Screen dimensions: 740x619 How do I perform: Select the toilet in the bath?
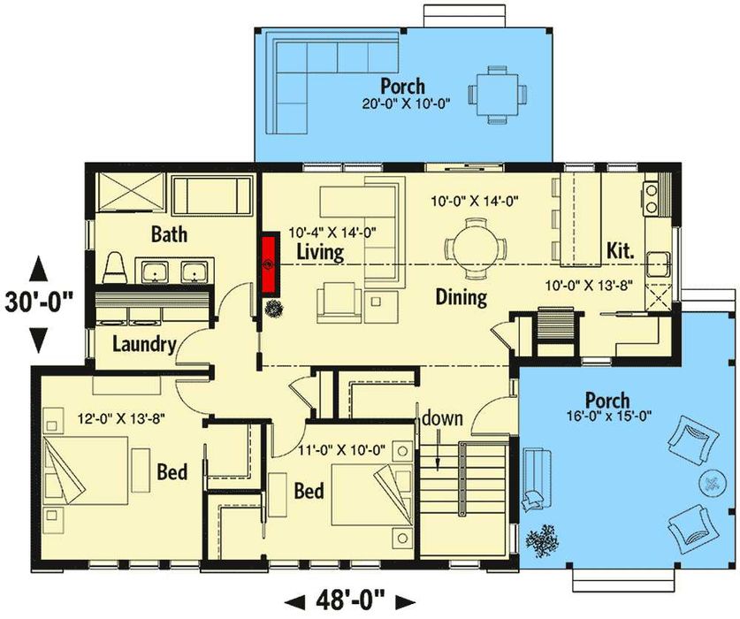[115, 268]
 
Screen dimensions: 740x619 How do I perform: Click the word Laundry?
[144, 345]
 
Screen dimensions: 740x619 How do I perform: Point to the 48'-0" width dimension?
[350, 601]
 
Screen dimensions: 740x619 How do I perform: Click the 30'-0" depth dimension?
[39, 302]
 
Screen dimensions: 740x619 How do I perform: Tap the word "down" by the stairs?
[442, 419]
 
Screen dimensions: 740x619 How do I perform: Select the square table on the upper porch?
[498, 95]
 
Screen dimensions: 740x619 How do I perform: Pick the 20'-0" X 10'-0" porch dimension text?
[405, 103]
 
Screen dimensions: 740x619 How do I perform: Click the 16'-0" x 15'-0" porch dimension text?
[610, 416]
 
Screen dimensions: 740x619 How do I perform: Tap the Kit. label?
[620, 251]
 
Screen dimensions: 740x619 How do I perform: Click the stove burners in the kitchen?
[652, 198]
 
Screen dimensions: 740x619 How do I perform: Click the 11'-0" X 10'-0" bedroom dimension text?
[341, 450]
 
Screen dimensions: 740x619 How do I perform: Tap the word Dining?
[462, 297]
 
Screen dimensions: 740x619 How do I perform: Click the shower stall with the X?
[130, 192]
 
